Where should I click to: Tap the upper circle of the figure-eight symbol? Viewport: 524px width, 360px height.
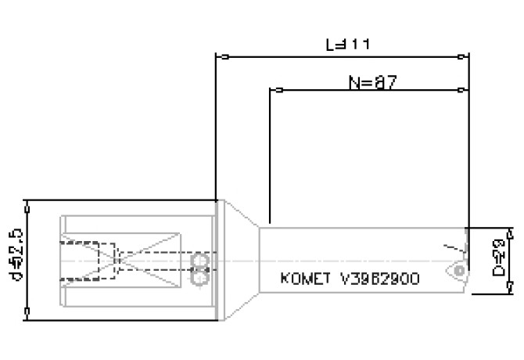199,259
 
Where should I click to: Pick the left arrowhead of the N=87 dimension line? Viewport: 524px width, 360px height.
275,91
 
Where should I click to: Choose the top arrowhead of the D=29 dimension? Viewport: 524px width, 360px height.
511,232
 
